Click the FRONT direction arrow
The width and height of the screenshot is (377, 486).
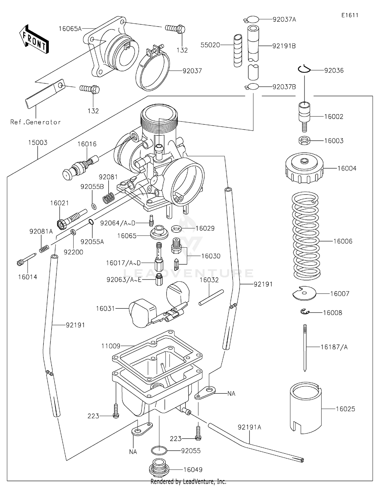[34, 39]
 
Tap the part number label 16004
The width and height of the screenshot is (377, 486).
[347, 168]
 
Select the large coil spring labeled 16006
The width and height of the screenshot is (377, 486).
[306, 236]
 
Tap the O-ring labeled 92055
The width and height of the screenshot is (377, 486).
[159, 451]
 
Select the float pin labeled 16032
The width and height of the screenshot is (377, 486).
[211, 297]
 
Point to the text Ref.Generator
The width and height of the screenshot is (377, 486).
[35, 122]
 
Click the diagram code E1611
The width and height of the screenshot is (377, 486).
[350, 15]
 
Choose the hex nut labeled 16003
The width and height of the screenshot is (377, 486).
[304, 140]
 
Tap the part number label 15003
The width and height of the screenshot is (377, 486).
[38, 142]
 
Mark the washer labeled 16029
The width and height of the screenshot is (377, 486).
[177, 228]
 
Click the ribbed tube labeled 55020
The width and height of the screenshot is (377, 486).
[238, 51]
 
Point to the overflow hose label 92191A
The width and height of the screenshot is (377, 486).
[249, 427]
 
